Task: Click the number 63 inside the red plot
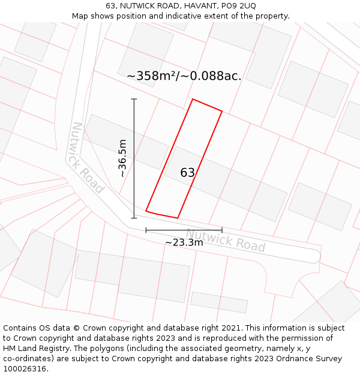coord(188,173)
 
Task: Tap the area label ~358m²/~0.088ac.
coord(184,76)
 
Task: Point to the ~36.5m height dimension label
coord(122,158)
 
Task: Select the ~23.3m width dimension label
coord(184,242)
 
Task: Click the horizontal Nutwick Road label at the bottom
coord(225,241)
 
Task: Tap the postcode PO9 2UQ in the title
coord(239,6)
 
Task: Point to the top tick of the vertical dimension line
coord(134,99)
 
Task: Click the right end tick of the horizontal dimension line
coord(222,230)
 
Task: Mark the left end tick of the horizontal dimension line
coord(146,230)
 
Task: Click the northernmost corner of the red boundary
coord(192,99)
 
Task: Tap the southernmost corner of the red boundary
coord(178,218)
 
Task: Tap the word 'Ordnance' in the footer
coord(285,359)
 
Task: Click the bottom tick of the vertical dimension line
coord(134,218)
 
